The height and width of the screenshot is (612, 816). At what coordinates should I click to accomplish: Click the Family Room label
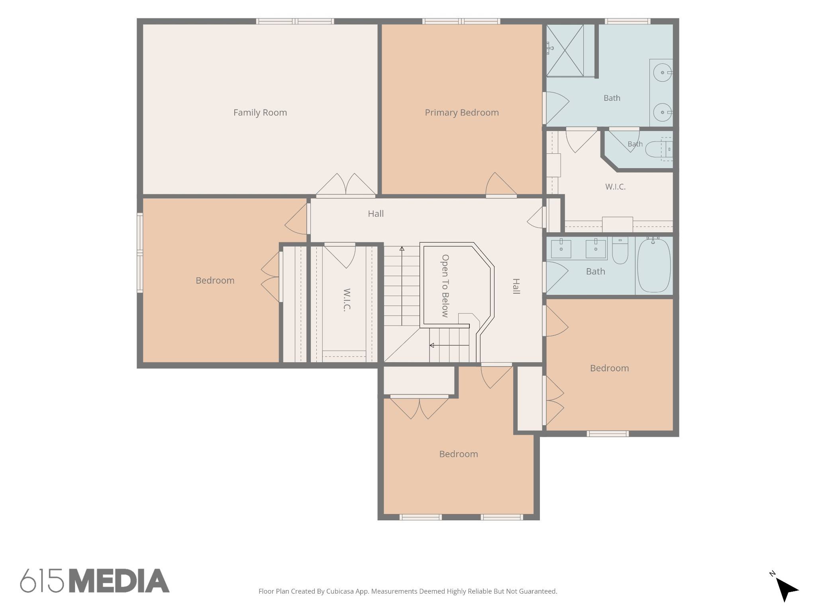point(260,113)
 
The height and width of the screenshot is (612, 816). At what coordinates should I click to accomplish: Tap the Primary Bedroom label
point(462,113)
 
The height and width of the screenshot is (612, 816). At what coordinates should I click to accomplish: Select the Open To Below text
point(445,286)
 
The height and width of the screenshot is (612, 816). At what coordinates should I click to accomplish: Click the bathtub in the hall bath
point(654,265)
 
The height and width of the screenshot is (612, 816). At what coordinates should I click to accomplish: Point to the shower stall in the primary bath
point(565,50)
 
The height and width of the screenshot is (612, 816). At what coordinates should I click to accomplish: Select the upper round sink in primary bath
point(663,73)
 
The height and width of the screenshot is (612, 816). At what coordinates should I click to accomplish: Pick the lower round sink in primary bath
point(663,112)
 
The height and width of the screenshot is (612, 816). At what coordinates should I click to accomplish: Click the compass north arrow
point(786,588)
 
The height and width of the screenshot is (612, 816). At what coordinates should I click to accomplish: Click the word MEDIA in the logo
point(120,581)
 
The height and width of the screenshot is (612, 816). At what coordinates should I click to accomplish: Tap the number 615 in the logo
point(42,581)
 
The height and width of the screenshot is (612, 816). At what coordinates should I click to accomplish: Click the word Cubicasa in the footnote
point(341,591)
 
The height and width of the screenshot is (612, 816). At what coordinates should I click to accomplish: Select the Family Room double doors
point(346,185)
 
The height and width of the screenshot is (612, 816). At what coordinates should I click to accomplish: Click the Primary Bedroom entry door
point(501,185)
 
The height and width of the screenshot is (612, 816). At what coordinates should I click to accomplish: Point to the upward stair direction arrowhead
point(402,249)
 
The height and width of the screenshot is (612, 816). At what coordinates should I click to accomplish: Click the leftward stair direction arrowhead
point(432,345)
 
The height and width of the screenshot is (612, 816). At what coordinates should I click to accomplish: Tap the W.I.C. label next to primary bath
point(615,186)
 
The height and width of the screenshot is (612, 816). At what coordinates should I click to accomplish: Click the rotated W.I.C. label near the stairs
point(347,300)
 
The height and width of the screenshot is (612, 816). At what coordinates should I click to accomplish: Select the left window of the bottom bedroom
point(420,517)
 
